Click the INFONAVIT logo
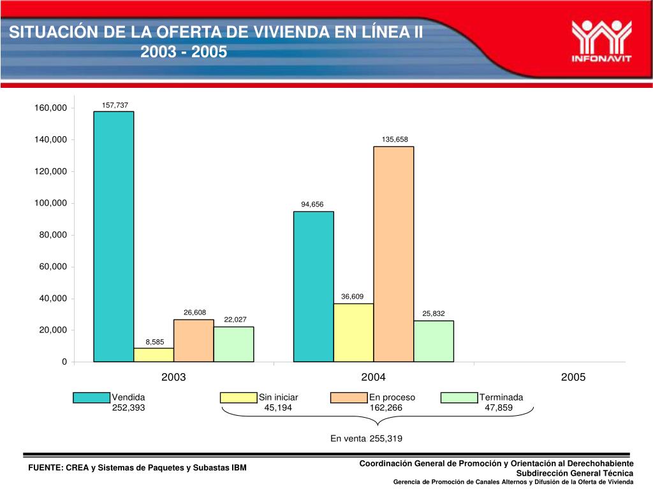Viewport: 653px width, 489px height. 601,40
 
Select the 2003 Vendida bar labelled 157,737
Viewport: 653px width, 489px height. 114,236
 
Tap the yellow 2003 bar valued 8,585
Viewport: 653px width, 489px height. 154,355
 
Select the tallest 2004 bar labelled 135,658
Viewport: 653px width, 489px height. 393,254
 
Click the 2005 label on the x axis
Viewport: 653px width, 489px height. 573,378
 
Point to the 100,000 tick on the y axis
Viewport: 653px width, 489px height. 51,203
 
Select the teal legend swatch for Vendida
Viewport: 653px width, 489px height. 92,398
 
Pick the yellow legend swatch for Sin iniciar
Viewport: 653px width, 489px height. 238,398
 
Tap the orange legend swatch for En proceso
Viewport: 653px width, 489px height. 349,398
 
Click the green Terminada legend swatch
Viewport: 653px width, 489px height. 459,398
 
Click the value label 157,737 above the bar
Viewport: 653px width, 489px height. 115,104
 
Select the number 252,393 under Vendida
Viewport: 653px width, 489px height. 129,408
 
